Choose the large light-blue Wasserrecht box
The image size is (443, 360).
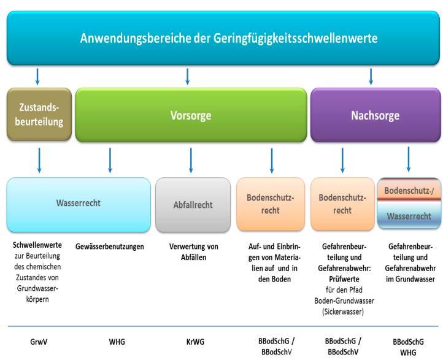[x=78, y=205]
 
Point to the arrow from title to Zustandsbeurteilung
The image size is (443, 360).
[x=38, y=76]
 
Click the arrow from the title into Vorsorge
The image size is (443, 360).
[x=187, y=76]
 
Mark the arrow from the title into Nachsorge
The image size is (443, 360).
[x=372, y=76]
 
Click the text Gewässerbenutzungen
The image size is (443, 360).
[x=110, y=247]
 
